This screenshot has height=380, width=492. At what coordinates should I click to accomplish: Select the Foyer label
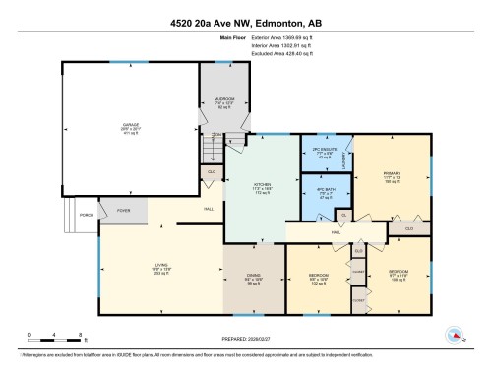coord(124,209)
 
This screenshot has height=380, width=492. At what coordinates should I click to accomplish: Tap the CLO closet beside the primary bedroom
coord(408,228)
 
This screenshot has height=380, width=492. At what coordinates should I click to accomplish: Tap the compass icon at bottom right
coord(455,335)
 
